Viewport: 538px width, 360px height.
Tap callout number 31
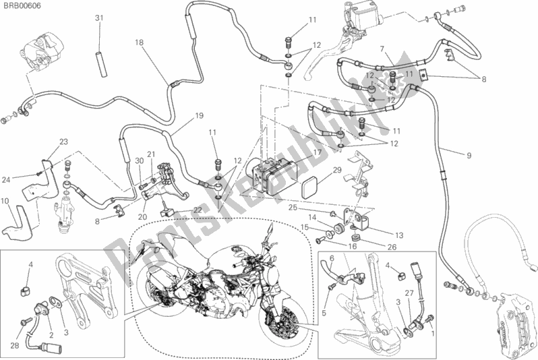99,18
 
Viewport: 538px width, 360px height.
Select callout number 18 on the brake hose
139,42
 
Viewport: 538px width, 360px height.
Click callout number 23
63,141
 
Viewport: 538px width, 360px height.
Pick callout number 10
5,202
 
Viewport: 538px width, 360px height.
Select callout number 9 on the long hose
468,156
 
